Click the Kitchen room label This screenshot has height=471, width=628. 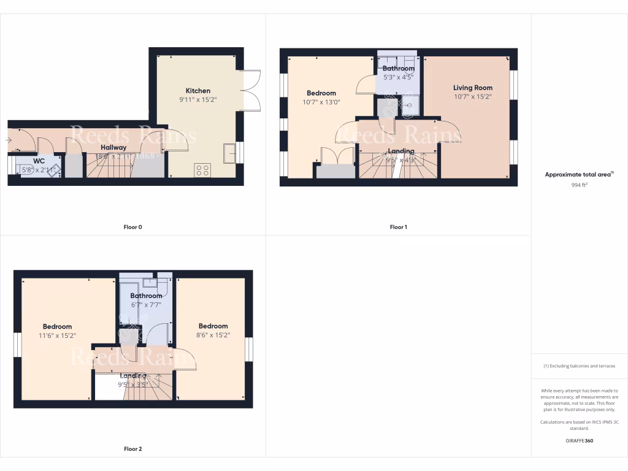click(x=198, y=91)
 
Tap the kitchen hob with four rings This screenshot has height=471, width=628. click(x=202, y=169)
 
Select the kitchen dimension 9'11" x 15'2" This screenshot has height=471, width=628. click(x=198, y=100)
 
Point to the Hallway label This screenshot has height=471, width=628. click(x=114, y=148)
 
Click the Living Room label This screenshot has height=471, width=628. click(x=473, y=88)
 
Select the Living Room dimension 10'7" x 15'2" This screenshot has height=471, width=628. click(x=473, y=96)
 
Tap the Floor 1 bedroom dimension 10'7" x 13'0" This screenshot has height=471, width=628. click(x=321, y=102)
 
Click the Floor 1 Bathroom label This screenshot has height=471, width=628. click(x=399, y=69)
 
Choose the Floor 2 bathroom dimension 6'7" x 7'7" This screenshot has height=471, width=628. click(x=146, y=305)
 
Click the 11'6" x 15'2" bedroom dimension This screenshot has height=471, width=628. click(x=57, y=335)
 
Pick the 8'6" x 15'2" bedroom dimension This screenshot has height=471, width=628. click(x=213, y=335)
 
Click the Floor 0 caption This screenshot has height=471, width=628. click(x=132, y=228)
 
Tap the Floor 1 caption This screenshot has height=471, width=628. click(x=398, y=228)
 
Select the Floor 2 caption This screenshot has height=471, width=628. click(x=132, y=449)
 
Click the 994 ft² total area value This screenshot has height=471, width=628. click(x=580, y=184)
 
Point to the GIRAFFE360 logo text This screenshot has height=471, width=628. click(x=580, y=440)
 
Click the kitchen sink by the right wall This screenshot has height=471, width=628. click(x=229, y=153)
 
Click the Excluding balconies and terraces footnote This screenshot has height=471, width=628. click(x=580, y=366)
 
